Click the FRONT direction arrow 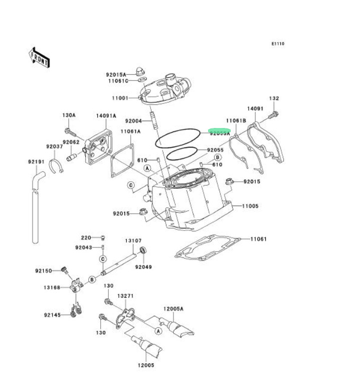[39, 57]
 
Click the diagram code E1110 [278, 44]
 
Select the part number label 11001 [120, 98]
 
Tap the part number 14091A [106, 115]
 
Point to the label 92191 [36, 162]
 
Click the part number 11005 [250, 206]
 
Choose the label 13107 [133, 240]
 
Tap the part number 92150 [44, 271]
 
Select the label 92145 [52, 315]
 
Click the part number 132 [274, 98]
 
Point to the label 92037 [54, 147]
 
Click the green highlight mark [220, 131]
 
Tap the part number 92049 [143, 267]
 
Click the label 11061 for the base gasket [258, 239]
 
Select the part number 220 [86, 237]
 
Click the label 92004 [134, 120]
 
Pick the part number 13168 [52, 288]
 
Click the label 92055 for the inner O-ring [215, 150]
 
